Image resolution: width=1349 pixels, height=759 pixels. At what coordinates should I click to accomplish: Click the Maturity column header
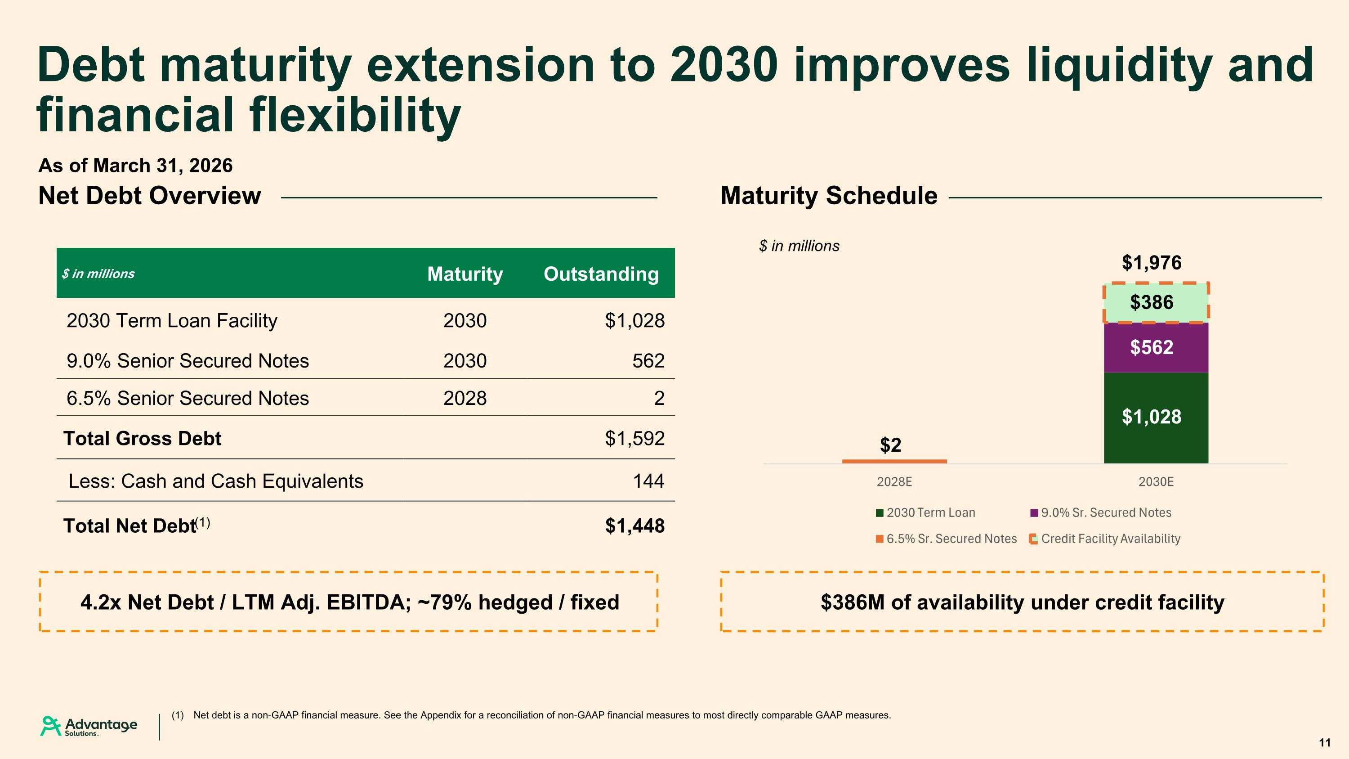[465, 274]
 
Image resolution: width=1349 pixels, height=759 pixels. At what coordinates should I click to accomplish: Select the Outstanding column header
[601, 274]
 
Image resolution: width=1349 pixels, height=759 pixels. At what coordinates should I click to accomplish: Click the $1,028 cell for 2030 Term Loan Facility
[634, 321]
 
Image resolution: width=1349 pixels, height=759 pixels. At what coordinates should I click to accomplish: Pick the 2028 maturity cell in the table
[465, 398]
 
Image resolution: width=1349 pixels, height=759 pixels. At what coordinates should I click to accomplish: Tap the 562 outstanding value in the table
[648, 361]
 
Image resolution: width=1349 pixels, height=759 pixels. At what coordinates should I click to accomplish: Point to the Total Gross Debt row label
[143, 438]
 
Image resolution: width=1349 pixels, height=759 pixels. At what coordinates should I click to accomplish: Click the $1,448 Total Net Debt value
[634, 526]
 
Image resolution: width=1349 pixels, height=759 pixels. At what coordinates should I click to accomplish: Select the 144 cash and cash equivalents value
[649, 481]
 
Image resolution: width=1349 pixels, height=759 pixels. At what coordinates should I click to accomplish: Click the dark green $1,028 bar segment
[1156, 418]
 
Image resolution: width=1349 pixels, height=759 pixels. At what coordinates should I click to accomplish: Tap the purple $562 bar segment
[1156, 348]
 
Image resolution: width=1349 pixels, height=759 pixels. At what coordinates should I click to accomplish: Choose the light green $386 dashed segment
[1156, 303]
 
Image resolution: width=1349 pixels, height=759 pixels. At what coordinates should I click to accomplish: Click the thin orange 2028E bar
[894, 462]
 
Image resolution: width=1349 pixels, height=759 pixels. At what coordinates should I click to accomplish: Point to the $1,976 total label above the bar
[1152, 262]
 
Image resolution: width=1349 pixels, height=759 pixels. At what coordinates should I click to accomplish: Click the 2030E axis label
[1156, 482]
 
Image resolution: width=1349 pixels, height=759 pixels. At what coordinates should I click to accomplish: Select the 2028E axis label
[894, 482]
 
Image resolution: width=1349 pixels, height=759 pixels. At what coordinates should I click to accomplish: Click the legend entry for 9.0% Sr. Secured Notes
[1101, 513]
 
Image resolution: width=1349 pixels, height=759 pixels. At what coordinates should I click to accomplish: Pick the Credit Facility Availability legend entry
[1105, 539]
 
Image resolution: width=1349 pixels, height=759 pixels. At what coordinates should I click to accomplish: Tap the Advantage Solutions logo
[89, 727]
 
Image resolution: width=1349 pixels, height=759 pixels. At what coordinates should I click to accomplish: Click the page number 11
[1324, 743]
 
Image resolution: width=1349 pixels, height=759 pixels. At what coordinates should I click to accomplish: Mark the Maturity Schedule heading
[829, 195]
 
